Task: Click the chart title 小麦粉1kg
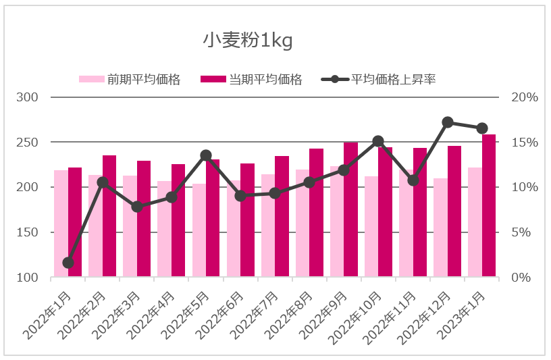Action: tap(248, 41)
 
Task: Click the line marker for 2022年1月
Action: tap(68, 263)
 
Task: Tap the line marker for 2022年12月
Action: tap(448, 122)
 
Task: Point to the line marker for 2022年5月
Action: tap(206, 155)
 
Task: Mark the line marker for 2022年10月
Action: tap(378, 141)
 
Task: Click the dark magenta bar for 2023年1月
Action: tap(489, 206)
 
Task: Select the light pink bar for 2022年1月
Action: tap(61, 223)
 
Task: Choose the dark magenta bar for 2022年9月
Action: tap(350, 209)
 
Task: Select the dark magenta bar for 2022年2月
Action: tap(109, 216)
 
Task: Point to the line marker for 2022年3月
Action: tap(137, 207)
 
